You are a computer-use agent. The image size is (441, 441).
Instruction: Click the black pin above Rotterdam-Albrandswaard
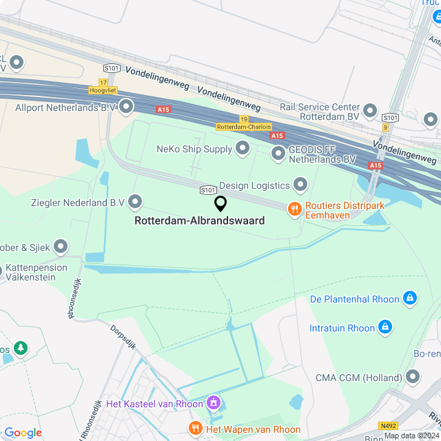tap(220, 203)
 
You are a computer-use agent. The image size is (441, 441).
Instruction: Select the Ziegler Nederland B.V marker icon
tap(135, 202)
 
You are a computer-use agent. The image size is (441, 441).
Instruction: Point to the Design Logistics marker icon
tap(300, 184)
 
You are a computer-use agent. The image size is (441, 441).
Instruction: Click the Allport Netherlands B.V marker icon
tap(126, 107)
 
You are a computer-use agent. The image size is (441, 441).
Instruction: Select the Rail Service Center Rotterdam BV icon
tap(370, 111)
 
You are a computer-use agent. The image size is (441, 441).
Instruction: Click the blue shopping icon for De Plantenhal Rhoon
tap(410, 298)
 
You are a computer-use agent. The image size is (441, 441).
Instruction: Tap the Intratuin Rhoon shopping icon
tap(385, 327)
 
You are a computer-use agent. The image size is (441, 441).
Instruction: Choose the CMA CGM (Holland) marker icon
tap(413, 376)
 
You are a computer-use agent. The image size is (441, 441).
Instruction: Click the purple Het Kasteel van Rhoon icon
tap(214, 402)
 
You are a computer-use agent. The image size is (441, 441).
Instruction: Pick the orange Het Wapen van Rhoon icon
tap(195, 429)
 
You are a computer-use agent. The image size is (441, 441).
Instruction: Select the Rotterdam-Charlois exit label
tap(245, 127)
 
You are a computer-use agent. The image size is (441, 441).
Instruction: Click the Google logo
tap(23, 433)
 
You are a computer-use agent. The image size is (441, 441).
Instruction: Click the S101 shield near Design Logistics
tap(208, 189)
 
